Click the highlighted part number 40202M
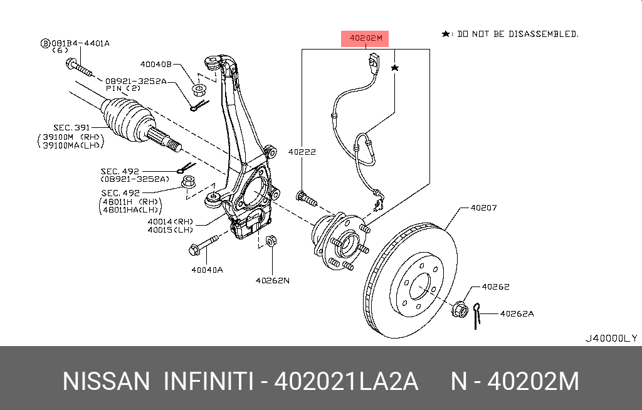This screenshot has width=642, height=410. click(365, 38)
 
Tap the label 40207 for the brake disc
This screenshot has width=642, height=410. click(483, 208)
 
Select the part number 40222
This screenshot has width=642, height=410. click(302, 152)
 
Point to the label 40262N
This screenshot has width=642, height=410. click(273, 280)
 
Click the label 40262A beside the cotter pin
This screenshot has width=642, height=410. click(517, 312)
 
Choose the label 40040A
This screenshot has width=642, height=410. click(208, 270)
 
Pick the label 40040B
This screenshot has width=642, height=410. click(155, 64)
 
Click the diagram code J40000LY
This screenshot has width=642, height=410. click(611, 338)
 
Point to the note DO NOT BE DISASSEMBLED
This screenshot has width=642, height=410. click(518, 34)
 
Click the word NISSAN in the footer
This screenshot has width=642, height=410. click(107, 381)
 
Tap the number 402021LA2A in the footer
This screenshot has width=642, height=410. click(347, 381)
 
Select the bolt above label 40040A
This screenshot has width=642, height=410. click(204, 245)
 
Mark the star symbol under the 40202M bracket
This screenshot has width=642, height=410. click(395, 67)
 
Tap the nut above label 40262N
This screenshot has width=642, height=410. click(271, 241)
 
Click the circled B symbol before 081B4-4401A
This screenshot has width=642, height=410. click(45, 43)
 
